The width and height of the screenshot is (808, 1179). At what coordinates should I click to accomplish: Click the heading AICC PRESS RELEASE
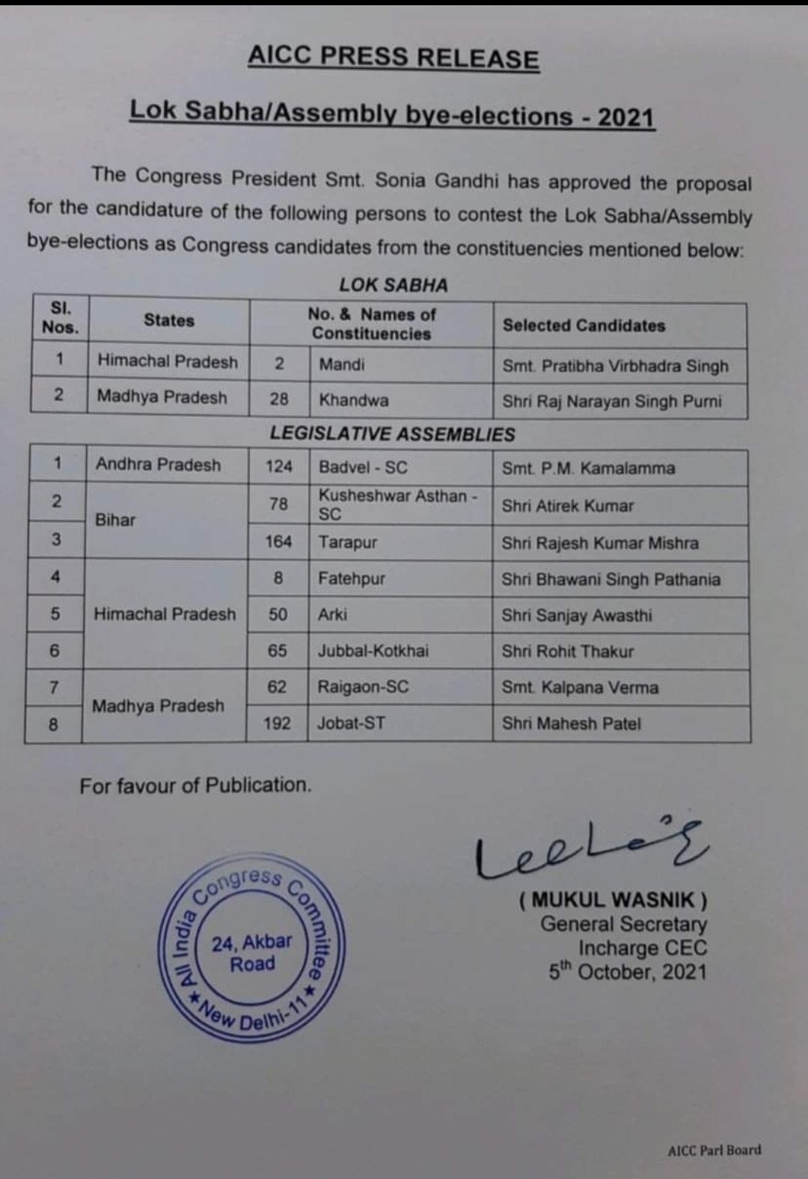click(x=393, y=58)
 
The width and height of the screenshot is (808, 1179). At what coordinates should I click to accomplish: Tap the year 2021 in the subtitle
click(x=625, y=118)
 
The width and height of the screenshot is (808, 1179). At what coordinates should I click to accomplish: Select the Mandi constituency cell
click(x=342, y=364)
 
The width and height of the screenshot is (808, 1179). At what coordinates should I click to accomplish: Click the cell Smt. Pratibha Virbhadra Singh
click(x=615, y=367)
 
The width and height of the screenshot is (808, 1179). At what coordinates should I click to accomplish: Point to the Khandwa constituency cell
click(x=353, y=400)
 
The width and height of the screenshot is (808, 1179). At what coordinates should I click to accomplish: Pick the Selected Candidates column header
click(x=584, y=325)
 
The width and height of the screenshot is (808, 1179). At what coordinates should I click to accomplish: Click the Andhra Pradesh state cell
click(x=158, y=465)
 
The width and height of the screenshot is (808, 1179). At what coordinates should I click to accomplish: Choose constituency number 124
click(x=278, y=467)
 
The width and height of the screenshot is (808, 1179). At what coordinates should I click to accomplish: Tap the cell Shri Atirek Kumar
click(x=567, y=506)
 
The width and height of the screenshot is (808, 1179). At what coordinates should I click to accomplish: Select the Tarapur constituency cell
click(x=347, y=542)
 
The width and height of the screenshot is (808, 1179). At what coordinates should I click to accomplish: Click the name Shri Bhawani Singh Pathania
click(x=610, y=580)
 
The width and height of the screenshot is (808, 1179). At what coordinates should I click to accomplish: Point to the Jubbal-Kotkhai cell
click(x=373, y=651)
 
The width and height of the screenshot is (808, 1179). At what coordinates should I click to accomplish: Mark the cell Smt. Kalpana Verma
click(x=580, y=688)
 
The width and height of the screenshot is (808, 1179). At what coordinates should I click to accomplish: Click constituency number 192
click(x=277, y=723)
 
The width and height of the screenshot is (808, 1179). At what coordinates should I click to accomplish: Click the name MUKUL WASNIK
click(x=613, y=899)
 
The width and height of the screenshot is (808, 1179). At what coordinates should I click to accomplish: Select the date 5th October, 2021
click(x=627, y=972)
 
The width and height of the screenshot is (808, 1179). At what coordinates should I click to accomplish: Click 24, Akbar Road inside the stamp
click(x=251, y=952)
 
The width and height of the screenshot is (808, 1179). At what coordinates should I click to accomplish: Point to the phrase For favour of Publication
click(x=195, y=786)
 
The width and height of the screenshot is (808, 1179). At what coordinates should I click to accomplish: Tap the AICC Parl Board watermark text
click(x=714, y=1151)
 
